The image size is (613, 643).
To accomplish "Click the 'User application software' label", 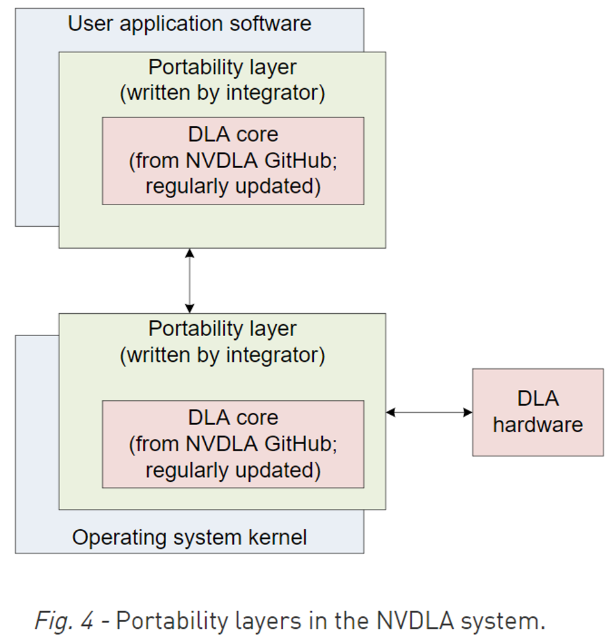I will [x=189, y=24].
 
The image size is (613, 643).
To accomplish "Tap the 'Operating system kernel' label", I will [x=189, y=537].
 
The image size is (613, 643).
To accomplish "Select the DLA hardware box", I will [x=538, y=412].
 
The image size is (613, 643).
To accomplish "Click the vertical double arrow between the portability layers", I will [x=189, y=281].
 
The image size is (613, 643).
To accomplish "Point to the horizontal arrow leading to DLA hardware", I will [x=429, y=413].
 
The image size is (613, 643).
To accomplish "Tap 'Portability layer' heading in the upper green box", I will [x=222, y=67].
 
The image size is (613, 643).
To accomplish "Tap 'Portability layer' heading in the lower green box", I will [x=222, y=329].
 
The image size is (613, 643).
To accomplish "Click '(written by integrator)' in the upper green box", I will [x=222, y=93].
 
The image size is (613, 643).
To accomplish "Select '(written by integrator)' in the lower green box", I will [x=222, y=355].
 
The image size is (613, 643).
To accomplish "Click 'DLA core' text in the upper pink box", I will [x=233, y=134].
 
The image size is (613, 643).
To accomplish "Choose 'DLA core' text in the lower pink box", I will [x=233, y=417].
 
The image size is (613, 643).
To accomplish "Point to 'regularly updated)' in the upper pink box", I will [x=233, y=187].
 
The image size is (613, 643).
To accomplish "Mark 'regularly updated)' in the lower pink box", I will [x=233, y=470].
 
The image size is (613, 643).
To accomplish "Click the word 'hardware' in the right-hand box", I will [x=538, y=425].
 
